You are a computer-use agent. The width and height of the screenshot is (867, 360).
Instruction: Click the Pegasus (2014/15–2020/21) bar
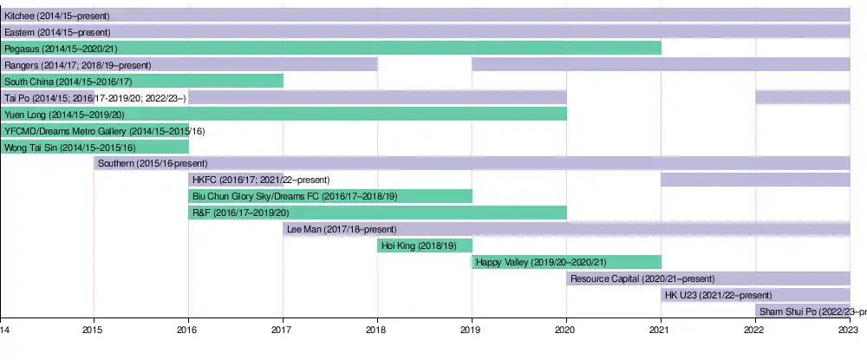330,48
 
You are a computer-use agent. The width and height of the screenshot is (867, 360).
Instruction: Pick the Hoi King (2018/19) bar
425,245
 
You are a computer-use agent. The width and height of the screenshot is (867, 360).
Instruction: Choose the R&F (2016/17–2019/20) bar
377,213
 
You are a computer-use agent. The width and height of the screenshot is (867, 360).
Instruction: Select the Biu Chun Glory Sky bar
330,196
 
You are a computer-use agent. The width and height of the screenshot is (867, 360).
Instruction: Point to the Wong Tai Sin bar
95,147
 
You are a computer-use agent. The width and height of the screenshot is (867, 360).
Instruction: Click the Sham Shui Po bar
803,311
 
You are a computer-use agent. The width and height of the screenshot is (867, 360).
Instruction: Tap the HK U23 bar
755,295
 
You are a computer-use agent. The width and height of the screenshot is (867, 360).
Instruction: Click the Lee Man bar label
342,229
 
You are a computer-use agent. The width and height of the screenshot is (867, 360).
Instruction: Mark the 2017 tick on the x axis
283,330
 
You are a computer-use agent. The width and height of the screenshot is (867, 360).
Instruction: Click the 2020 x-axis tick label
566,330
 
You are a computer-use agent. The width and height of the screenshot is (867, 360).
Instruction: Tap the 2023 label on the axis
850,330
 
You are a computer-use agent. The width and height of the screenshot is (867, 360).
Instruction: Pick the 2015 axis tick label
94,330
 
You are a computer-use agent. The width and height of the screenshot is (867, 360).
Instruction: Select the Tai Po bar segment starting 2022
803,97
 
